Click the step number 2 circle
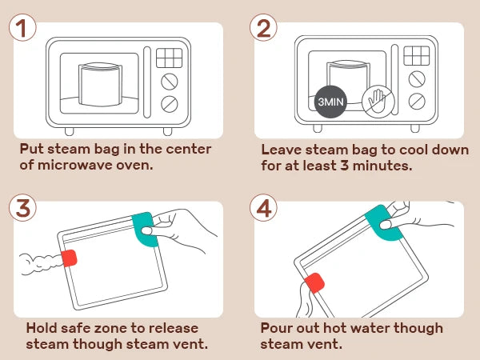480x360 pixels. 264,28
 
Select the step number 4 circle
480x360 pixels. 264,208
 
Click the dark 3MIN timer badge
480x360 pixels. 330,102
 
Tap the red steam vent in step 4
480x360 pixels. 314,284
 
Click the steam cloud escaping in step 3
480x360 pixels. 38,260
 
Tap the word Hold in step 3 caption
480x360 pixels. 42,328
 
